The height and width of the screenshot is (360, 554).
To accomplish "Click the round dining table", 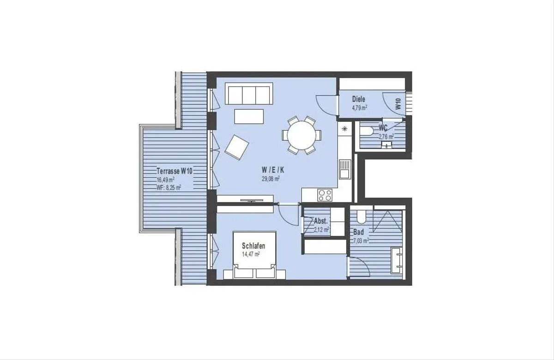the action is (x=301, y=135).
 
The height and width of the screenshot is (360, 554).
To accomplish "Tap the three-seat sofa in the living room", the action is (x=249, y=94).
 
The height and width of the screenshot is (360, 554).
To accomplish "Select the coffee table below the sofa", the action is (x=249, y=116).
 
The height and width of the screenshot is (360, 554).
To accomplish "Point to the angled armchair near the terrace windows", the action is (x=237, y=147).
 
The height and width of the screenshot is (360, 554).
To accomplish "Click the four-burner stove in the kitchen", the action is (x=325, y=195).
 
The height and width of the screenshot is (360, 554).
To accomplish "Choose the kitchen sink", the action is (x=345, y=169).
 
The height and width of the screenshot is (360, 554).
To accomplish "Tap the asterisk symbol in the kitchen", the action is (x=344, y=129).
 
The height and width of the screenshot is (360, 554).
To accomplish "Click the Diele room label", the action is (x=359, y=99).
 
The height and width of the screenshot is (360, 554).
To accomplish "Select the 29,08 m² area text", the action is (x=271, y=179).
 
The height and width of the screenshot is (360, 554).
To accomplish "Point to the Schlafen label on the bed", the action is (x=253, y=246).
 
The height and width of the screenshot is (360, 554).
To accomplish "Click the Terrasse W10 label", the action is (x=175, y=171).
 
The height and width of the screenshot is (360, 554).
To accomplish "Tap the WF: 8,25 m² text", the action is (x=169, y=187).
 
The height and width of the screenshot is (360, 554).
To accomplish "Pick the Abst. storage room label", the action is (x=321, y=221).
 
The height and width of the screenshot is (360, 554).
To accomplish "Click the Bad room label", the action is (x=359, y=232).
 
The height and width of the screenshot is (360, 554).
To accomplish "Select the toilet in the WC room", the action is (x=367, y=131).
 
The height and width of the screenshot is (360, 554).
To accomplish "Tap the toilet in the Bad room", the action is (x=361, y=216).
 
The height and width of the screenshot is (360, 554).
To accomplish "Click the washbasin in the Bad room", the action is (x=397, y=260).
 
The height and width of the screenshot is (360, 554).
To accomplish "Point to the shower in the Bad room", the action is (x=387, y=221).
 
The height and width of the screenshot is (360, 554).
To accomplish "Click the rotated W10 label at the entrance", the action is (x=398, y=104).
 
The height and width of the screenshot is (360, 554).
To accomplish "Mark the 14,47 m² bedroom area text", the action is (x=251, y=254).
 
